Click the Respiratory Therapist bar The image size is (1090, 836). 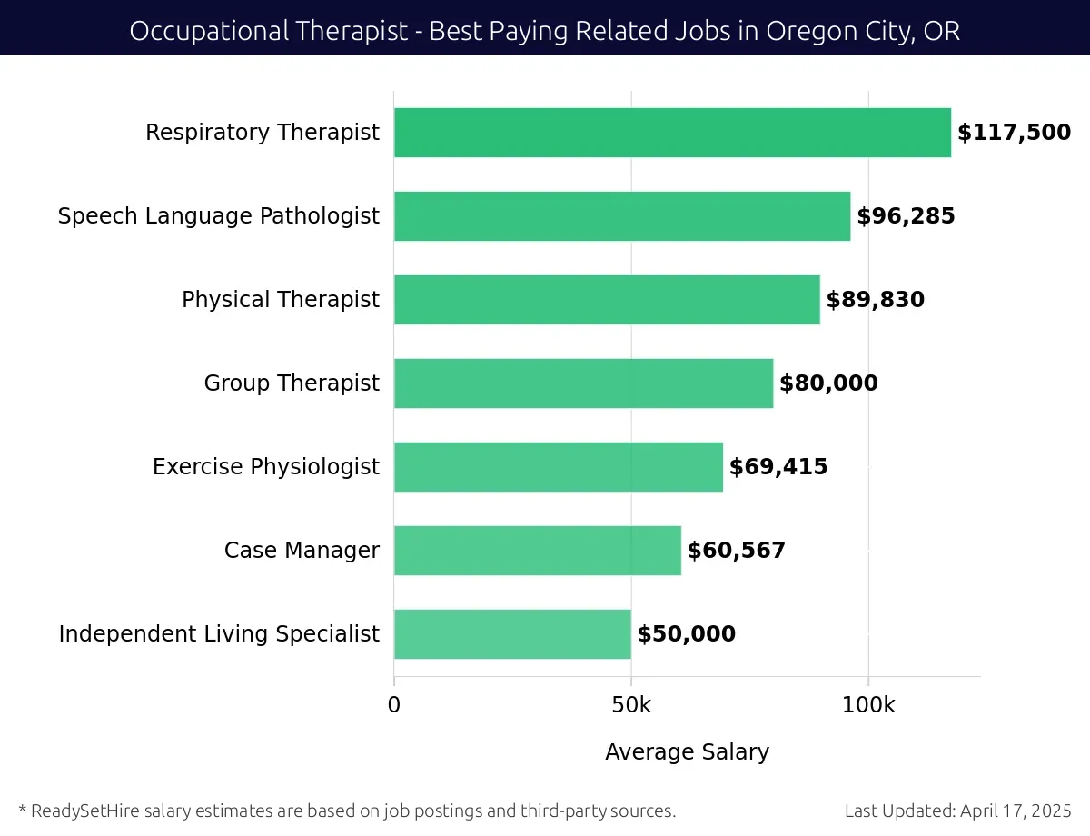click(672, 133)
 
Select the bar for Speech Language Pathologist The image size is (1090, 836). click(622, 216)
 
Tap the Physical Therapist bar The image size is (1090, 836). click(607, 300)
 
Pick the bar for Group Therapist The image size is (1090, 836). click(583, 383)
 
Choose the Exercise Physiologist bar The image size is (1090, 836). click(559, 467)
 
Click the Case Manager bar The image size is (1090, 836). click(538, 551)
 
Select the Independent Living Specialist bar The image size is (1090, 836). click(512, 634)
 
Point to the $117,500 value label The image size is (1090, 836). click(1014, 133)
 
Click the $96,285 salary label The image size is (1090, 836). click(906, 216)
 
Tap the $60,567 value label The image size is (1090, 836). click(736, 551)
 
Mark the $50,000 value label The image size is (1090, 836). click(686, 634)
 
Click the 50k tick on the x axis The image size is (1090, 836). click(630, 705)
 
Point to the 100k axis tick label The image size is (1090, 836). click(867, 705)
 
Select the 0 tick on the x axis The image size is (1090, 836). click(394, 705)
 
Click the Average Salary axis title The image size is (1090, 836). click(687, 752)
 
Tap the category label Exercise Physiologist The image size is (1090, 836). click(266, 467)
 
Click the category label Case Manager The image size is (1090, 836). click(302, 551)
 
